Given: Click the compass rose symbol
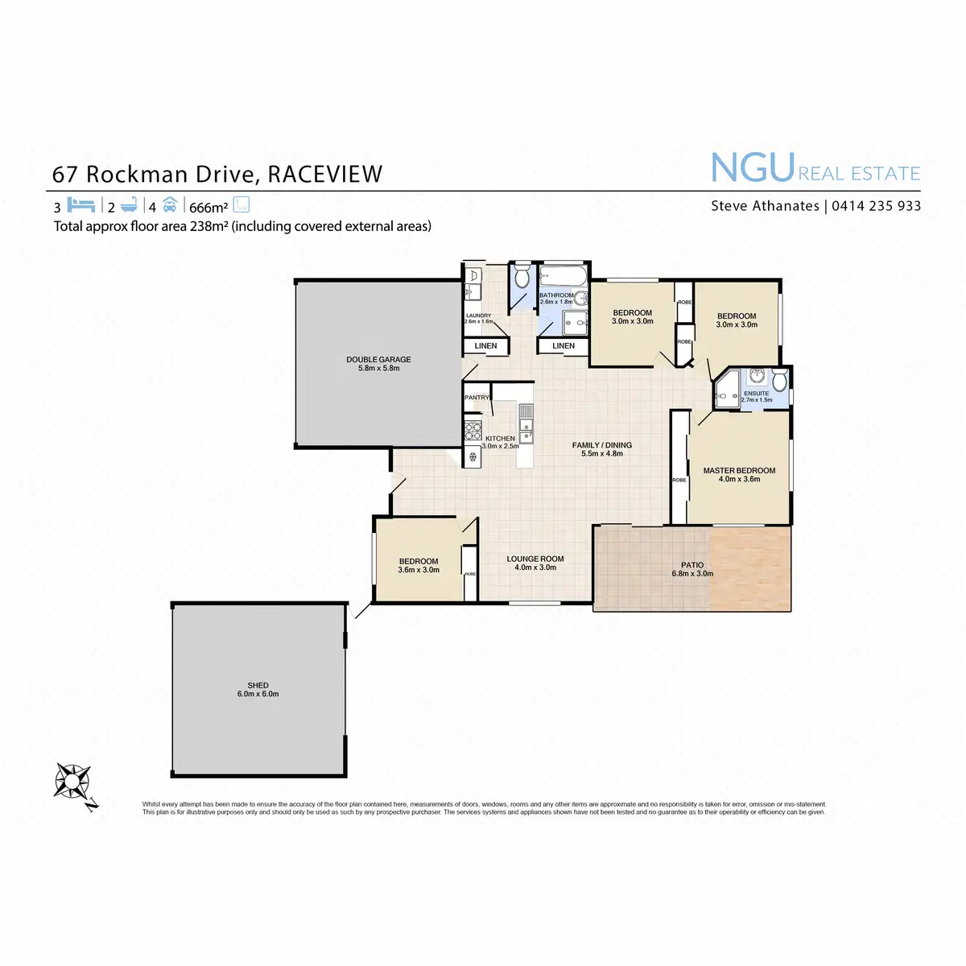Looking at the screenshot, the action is click(x=72, y=781).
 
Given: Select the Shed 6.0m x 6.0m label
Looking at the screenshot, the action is click(x=258, y=690).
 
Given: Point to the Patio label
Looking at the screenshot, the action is click(x=692, y=570).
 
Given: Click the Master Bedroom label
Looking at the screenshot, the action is click(x=739, y=475).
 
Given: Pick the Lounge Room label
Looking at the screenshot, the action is click(x=535, y=563).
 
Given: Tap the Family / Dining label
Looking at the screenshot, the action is click(x=602, y=449).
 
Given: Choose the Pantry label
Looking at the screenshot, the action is click(x=477, y=398).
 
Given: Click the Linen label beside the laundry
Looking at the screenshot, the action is click(x=485, y=346).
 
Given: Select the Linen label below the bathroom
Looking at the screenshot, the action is click(x=563, y=346).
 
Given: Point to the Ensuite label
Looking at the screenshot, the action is click(x=757, y=394).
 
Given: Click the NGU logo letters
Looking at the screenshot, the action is click(x=753, y=169).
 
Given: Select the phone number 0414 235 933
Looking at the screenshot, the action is click(x=876, y=206).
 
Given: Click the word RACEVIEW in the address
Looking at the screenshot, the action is click(x=324, y=175).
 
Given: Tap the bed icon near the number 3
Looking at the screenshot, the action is click(x=81, y=204).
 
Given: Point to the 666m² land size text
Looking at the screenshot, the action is click(x=208, y=208).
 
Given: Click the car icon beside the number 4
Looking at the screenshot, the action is click(x=169, y=204).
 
